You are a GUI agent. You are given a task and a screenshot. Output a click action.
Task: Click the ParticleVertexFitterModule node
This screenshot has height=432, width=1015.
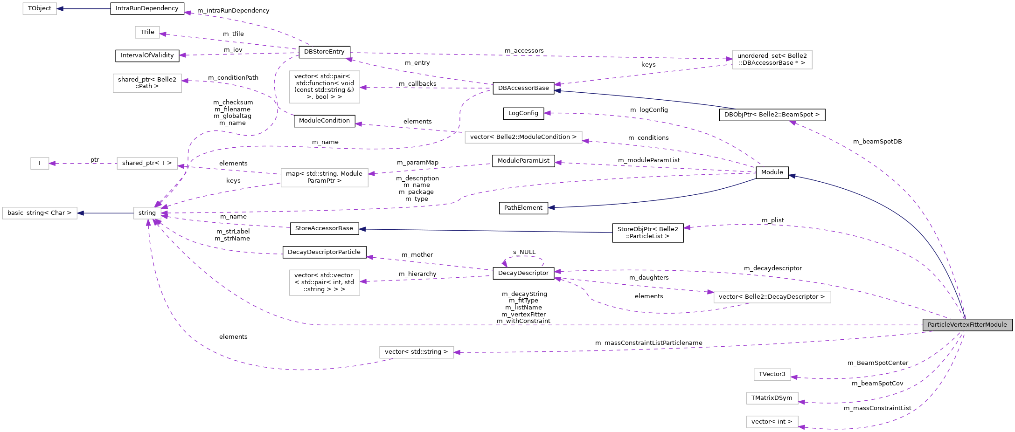(x=967, y=325)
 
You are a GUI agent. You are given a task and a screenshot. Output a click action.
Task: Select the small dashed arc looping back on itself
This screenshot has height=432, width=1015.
(x=524, y=256)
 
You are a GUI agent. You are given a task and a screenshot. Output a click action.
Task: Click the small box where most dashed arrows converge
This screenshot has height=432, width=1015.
(x=147, y=213)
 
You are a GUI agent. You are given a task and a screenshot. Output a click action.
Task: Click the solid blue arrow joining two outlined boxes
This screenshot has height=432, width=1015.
(x=105, y=213)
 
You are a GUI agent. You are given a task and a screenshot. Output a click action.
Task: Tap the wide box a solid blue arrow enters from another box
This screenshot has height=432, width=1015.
(x=40, y=213)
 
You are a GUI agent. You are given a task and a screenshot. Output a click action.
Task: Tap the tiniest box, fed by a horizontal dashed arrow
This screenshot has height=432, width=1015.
(x=40, y=163)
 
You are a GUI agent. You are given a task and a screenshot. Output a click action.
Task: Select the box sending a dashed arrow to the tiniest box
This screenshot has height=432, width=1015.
(x=147, y=163)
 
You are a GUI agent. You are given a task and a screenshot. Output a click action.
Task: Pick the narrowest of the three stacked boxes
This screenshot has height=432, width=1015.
(x=772, y=375)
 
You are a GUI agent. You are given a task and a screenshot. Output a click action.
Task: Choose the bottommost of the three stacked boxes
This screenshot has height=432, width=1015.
(x=772, y=422)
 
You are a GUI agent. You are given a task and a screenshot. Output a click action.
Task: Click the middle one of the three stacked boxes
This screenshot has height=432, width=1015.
(x=772, y=398)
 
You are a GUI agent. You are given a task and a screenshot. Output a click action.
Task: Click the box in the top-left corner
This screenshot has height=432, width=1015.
(x=40, y=8)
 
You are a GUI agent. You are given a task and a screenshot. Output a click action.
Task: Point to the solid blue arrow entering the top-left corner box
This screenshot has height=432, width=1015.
(x=84, y=9)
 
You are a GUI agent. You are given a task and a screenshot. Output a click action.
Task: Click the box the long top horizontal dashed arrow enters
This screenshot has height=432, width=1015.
(x=772, y=60)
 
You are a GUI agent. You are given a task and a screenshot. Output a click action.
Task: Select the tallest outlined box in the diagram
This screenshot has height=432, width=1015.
(x=324, y=87)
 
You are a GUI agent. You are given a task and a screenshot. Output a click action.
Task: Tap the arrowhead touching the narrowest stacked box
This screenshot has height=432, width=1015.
(x=794, y=377)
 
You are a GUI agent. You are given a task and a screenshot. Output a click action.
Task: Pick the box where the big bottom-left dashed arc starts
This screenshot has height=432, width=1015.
(x=416, y=352)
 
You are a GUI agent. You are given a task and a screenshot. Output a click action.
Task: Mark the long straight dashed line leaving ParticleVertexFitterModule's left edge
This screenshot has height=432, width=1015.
(x=606, y=325)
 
